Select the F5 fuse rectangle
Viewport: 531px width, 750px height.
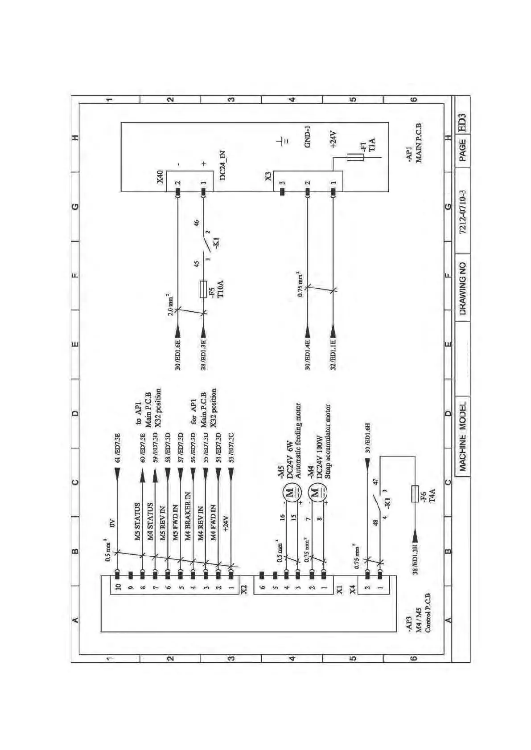203,289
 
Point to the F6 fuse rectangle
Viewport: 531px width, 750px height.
415,493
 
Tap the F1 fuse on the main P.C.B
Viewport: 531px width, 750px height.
355,156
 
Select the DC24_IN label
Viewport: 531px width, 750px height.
222,165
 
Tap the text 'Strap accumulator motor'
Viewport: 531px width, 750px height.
328,441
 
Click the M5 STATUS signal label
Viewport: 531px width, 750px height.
138,521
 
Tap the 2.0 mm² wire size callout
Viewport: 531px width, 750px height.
170,305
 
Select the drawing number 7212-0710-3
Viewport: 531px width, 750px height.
462,212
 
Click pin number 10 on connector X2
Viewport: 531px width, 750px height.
118,587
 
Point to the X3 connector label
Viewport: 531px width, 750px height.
268,176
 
